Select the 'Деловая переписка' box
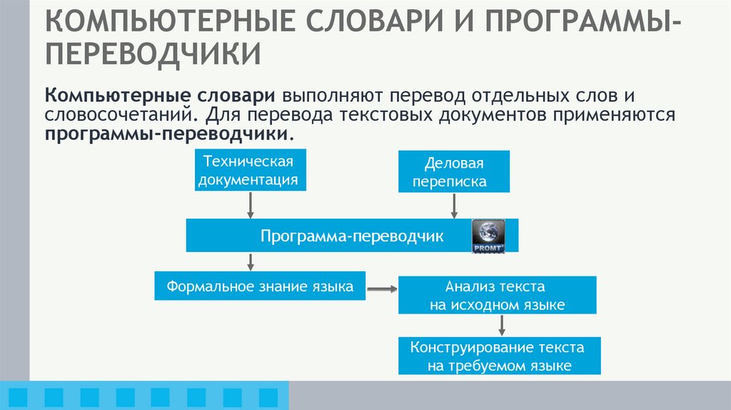(x=454, y=171)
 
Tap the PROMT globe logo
(x=488, y=236)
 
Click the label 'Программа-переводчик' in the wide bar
(x=352, y=236)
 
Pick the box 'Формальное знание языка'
(x=260, y=287)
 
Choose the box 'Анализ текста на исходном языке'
(x=497, y=296)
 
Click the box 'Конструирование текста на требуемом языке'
(x=499, y=356)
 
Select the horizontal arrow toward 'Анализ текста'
(x=382, y=289)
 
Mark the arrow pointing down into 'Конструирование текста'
(x=502, y=325)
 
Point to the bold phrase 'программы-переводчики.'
(x=171, y=134)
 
